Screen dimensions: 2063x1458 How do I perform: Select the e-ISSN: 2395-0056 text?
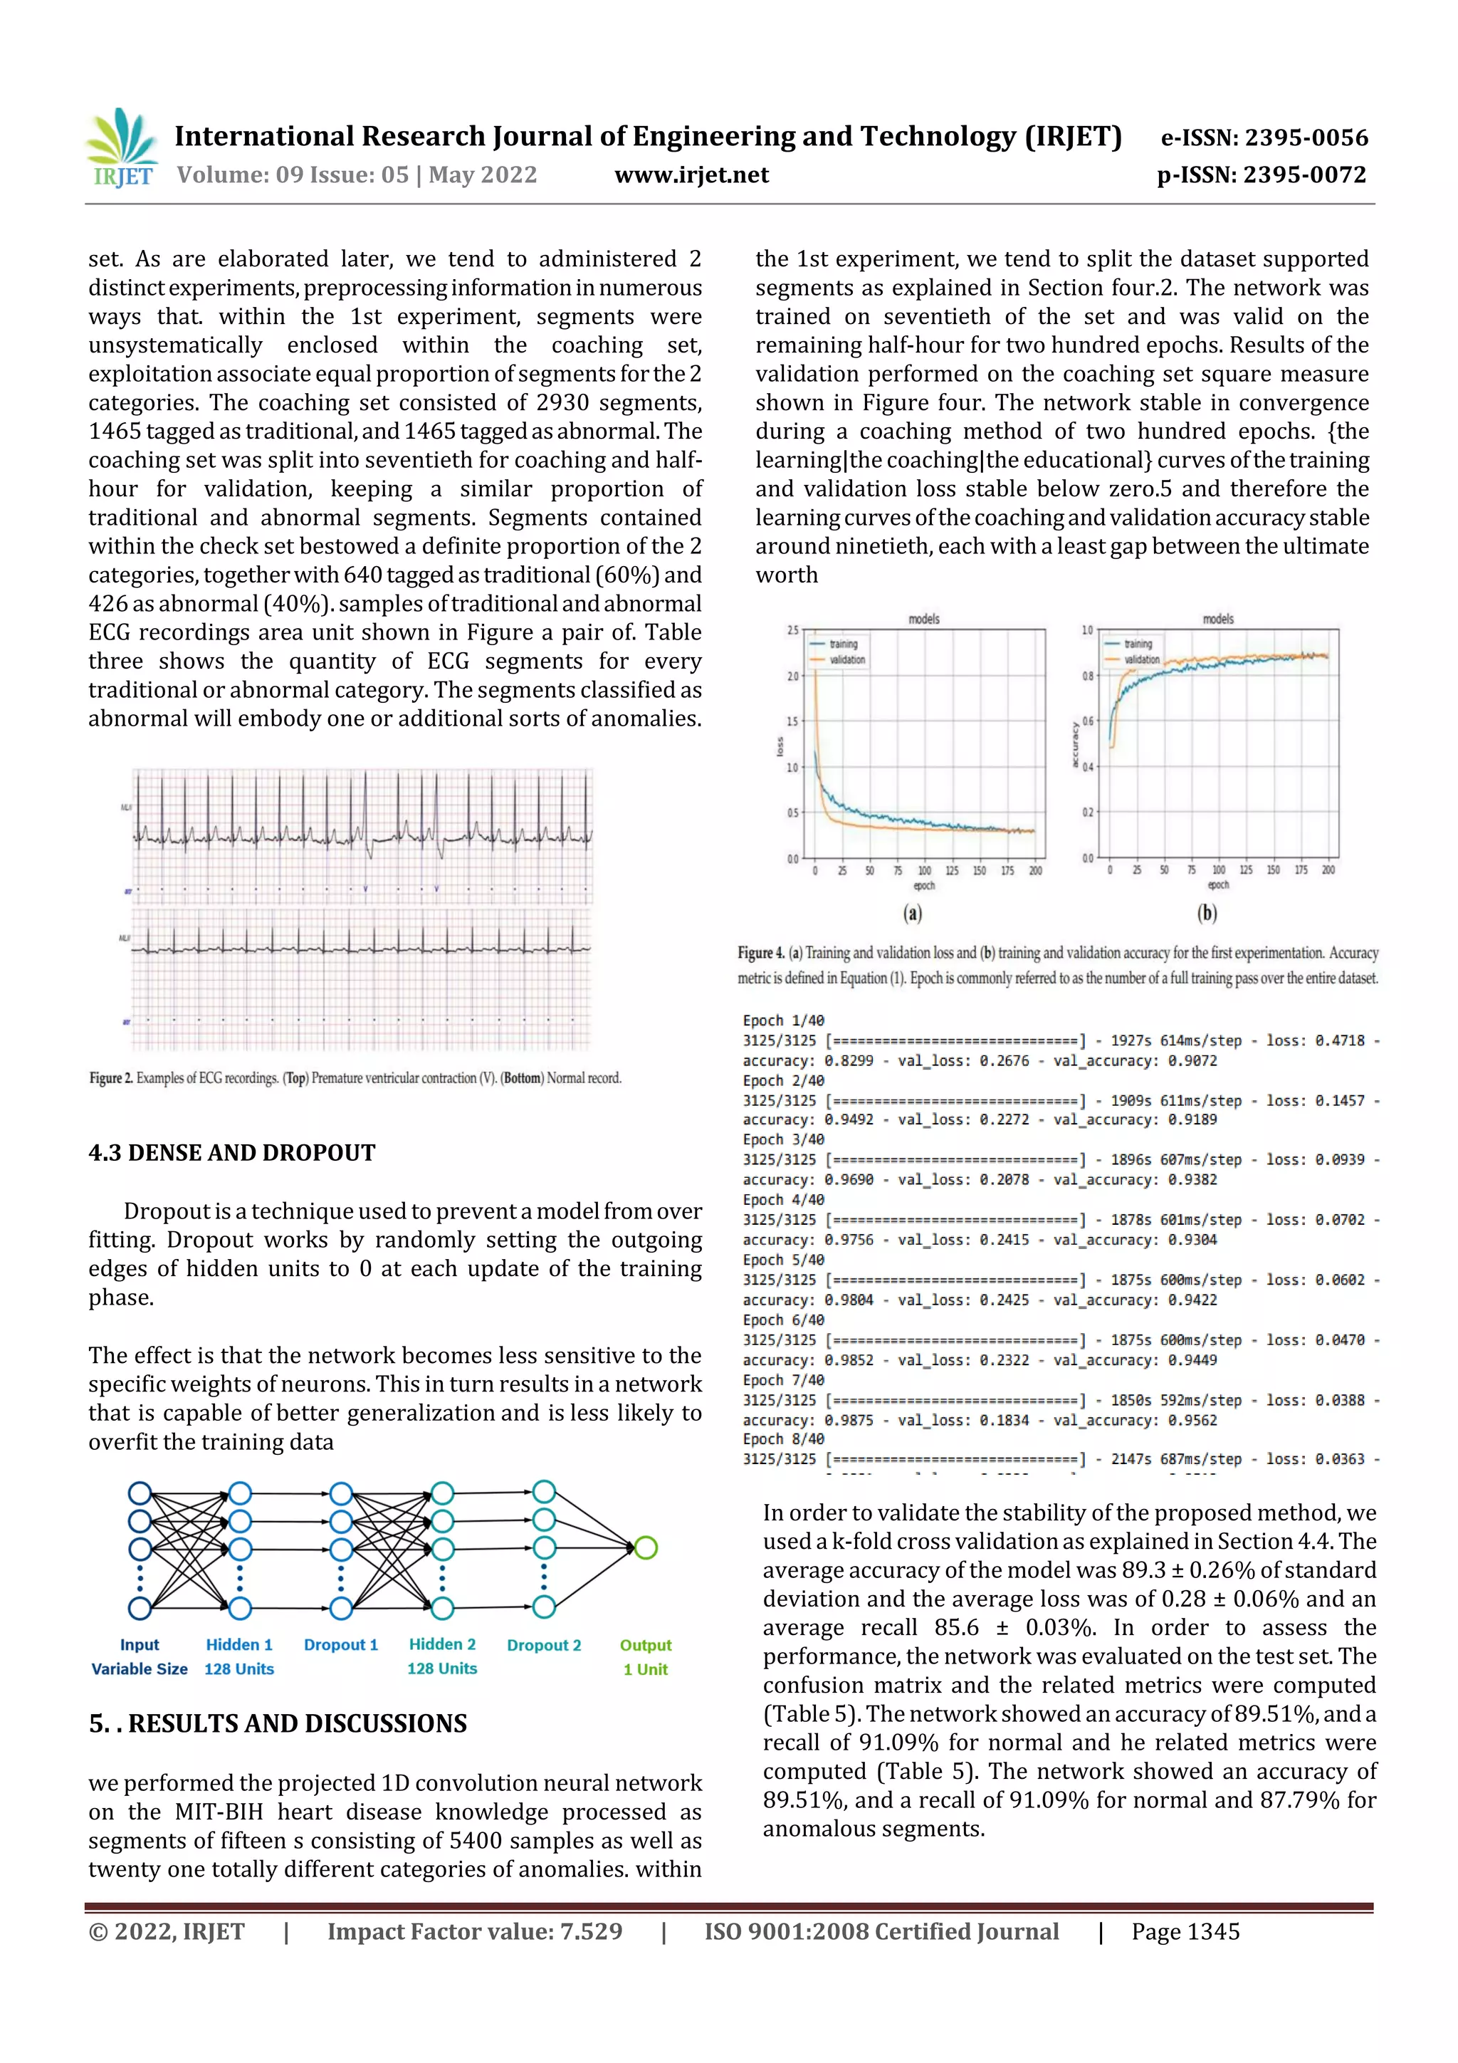(x=1264, y=137)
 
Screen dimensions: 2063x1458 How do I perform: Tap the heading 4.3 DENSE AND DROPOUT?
(x=232, y=1153)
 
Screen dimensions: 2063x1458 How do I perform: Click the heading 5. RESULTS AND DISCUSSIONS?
(x=278, y=1723)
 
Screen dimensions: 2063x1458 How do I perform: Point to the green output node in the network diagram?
(x=646, y=1547)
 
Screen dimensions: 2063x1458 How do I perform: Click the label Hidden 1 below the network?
(x=239, y=1644)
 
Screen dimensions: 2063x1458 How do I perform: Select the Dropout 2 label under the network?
(x=543, y=1645)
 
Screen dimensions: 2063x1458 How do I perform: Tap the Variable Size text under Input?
(x=140, y=1668)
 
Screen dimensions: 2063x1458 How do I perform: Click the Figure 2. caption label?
(x=110, y=1077)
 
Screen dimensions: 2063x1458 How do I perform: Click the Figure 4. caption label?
(x=760, y=952)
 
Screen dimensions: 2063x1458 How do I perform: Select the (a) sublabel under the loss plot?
(x=913, y=914)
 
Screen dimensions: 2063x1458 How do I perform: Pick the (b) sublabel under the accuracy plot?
(x=1207, y=914)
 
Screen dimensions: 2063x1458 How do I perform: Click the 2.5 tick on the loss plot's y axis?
(x=792, y=630)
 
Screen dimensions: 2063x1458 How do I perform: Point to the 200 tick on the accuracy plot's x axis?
(x=1328, y=869)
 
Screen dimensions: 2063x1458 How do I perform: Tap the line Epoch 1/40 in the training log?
(x=783, y=1020)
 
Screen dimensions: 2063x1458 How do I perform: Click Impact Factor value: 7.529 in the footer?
(x=474, y=1932)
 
